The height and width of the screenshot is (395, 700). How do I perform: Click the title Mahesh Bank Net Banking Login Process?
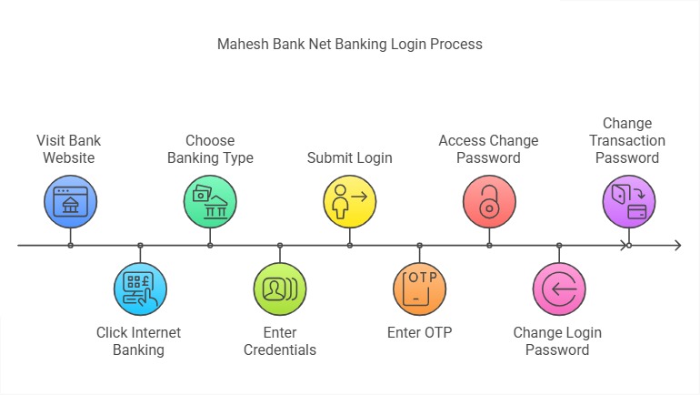(350, 44)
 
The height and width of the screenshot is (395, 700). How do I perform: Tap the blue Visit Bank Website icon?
(70, 201)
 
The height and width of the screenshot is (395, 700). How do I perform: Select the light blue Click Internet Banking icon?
(140, 289)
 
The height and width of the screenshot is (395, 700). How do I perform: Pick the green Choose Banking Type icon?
(210, 201)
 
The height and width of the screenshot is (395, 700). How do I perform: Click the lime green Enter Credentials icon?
(280, 289)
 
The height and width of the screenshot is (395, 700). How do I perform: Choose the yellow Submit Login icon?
(350, 201)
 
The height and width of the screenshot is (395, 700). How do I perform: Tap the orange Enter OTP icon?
(419, 289)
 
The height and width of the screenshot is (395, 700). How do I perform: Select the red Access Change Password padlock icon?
(489, 201)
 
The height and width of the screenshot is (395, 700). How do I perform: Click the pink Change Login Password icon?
(559, 289)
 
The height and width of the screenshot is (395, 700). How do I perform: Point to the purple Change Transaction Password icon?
(629, 201)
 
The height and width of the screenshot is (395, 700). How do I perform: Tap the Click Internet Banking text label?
(139, 341)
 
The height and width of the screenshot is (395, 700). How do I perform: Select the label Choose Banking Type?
(210, 149)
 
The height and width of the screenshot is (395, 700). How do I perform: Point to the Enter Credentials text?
(280, 341)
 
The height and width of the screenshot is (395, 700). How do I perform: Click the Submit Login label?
(350, 158)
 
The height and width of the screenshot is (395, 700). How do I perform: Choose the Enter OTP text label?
(419, 332)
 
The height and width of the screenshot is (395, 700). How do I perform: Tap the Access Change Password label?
(489, 149)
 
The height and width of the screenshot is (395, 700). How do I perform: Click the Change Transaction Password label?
(627, 140)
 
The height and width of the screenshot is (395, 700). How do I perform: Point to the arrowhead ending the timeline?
(677, 246)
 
